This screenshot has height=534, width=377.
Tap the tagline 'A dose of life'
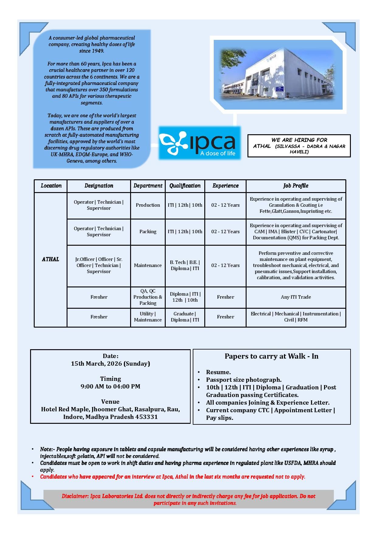(x=217, y=153)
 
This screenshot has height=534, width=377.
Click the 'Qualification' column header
(x=185, y=186)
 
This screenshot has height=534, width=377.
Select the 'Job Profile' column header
(x=296, y=186)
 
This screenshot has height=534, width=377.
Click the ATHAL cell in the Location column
(x=50, y=259)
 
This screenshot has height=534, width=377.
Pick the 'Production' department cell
(x=148, y=205)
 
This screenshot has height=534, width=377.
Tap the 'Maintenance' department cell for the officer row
(x=148, y=265)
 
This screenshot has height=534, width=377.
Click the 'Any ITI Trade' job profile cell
(x=296, y=297)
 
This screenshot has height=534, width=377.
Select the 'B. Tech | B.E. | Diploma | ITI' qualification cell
(x=185, y=265)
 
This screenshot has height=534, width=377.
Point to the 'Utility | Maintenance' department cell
(x=148, y=317)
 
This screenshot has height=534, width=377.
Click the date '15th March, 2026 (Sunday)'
(x=110, y=364)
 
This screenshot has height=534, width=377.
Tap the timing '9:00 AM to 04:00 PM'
(x=110, y=386)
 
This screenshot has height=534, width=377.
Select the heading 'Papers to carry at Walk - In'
(x=272, y=356)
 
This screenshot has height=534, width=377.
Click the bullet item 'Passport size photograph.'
(x=244, y=380)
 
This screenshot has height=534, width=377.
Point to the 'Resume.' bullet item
(x=218, y=372)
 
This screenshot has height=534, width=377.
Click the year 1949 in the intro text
(x=97, y=51)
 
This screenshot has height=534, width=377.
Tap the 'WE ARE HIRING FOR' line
(x=299, y=140)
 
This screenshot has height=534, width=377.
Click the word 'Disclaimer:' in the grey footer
(x=75, y=496)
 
